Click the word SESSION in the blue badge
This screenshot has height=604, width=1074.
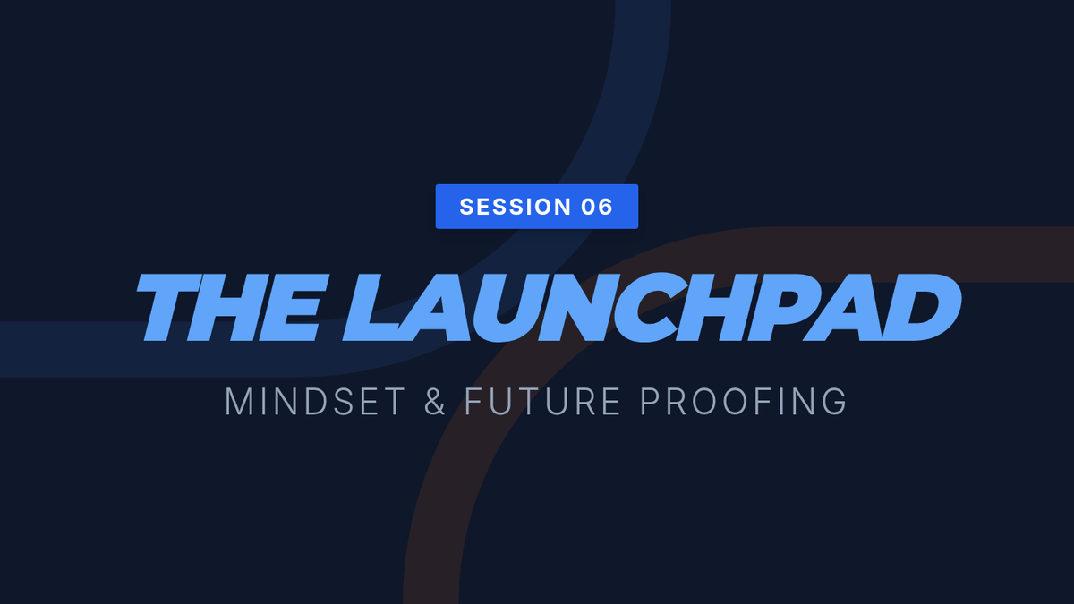[516, 207]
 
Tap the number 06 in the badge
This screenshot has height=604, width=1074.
[597, 207]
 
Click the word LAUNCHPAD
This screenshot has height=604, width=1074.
[652, 307]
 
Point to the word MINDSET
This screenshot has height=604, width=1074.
[315, 401]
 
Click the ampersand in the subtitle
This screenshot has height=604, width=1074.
[435, 401]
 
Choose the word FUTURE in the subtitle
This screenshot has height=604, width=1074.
[542, 401]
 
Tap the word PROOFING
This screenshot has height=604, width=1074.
[744, 401]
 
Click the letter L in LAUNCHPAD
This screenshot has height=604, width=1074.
[379, 307]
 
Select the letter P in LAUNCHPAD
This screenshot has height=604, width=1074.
[787, 306]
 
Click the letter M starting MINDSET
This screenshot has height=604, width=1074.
[238, 401]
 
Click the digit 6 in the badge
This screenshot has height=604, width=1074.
[606, 207]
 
